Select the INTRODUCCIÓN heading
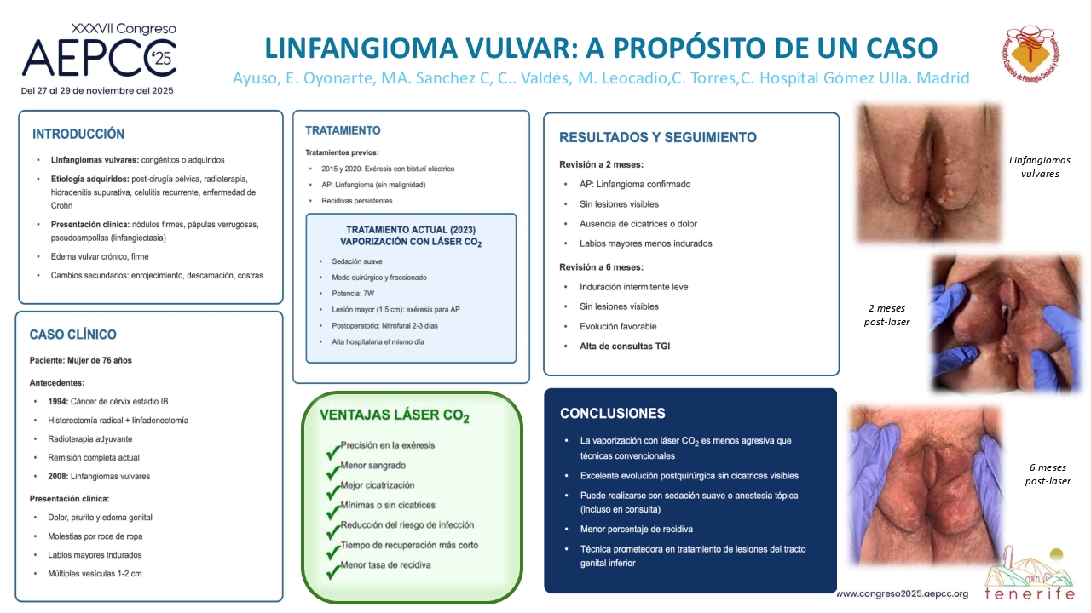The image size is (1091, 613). tap(78, 134)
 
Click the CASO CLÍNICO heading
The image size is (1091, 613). tap(73, 335)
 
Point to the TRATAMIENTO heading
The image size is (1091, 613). tap(343, 130)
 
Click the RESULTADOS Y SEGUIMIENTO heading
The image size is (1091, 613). tap(658, 138)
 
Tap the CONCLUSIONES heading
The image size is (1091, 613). tap(612, 414)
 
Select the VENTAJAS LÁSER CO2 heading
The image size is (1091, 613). tap(394, 415)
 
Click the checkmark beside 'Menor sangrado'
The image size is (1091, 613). tap(333, 472)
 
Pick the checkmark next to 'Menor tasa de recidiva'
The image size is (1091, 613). tap(333, 571)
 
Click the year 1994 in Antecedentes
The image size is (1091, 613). tap(58, 401)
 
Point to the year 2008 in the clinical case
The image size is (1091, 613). tap(58, 476)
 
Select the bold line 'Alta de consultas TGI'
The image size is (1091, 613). tap(625, 347)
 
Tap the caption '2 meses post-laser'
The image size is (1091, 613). tap(887, 315)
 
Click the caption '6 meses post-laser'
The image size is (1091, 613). tap(1048, 474)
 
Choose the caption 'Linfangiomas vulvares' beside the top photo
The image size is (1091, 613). tap(1040, 167)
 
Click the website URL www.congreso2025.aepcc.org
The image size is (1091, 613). tap(903, 593)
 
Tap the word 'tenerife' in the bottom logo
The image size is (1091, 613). tap(1030, 594)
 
